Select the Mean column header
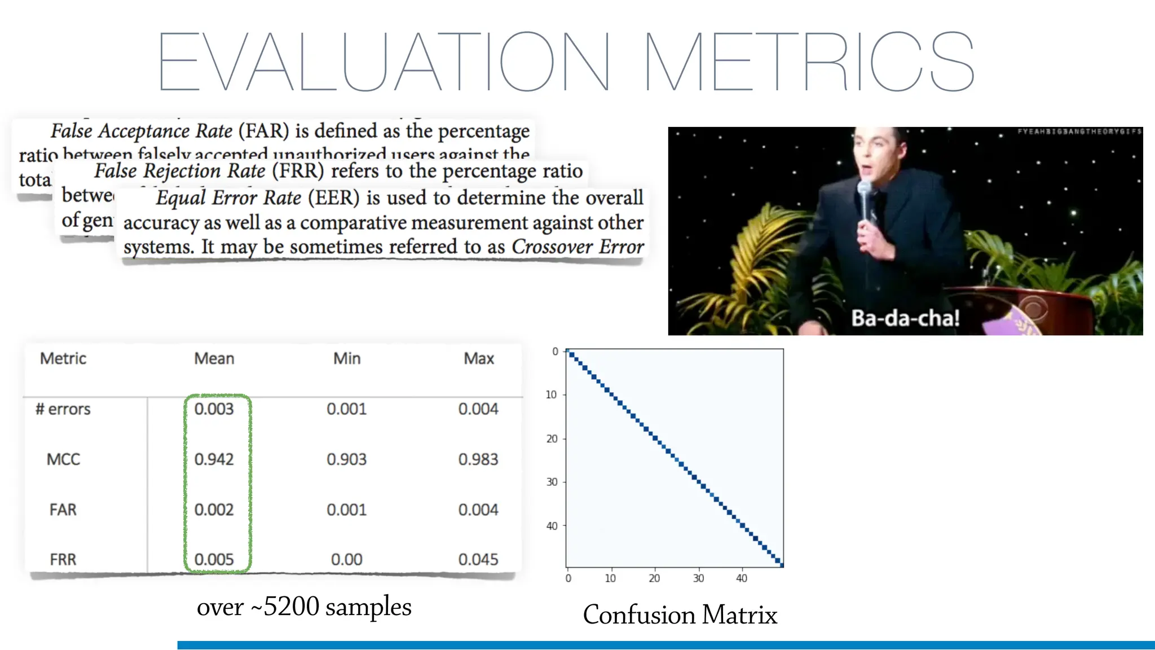click(x=214, y=358)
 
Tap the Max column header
click(x=478, y=358)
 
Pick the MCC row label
click(x=63, y=459)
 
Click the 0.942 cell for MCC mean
click(x=214, y=459)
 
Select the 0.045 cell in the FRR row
click(x=478, y=559)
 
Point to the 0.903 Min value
click(x=346, y=459)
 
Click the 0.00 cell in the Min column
click(x=346, y=559)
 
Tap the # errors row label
click(x=63, y=409)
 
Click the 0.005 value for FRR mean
click(x=214, y=559)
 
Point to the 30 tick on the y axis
click(x=552, y=482)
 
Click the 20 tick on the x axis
click(x=654, y=578)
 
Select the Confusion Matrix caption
click(x=680, y=614)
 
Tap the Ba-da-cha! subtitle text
click(x=905, y=318)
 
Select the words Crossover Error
click(x=577, y=247)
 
